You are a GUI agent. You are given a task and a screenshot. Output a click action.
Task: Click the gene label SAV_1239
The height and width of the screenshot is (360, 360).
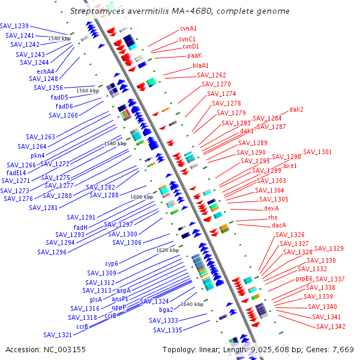[x=14, y=26]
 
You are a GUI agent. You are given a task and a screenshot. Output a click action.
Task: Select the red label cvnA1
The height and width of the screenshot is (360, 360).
[x=188, y=28]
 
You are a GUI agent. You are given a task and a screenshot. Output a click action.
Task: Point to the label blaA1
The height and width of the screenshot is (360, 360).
[x=201, y=65]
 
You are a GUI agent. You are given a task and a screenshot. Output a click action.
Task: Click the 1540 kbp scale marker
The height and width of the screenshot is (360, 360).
[x=59, y=38]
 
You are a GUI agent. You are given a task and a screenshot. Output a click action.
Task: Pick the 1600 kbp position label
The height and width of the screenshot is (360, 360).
[x=142, y=197]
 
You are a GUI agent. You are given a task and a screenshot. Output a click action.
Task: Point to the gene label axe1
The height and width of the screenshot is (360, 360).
[x=290, y=165]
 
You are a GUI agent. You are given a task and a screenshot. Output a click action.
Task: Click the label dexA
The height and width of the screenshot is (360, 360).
[x=272, y=208]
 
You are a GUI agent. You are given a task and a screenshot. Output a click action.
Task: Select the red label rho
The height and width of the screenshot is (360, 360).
[x=273, y=217]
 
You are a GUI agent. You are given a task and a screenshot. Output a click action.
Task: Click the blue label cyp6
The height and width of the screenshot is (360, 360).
[x=112, y=263]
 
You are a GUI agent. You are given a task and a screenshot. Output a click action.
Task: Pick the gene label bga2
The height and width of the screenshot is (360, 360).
[x=166, y=310]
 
